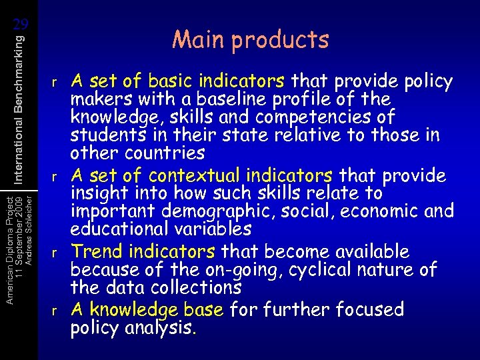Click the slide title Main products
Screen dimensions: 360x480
tap(250, 40)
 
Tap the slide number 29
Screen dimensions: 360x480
tap(21, 25)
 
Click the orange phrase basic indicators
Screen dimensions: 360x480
tap(217, 81)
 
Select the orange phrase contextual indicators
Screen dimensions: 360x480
tap(241, 175)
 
